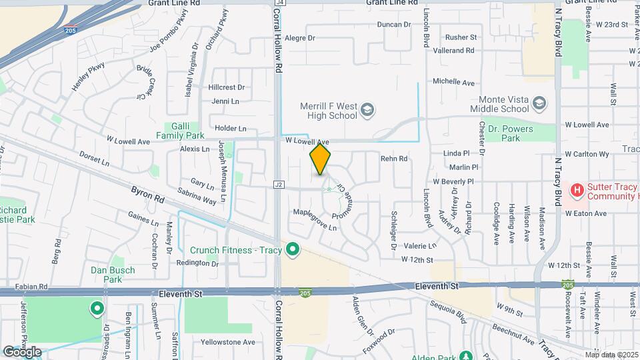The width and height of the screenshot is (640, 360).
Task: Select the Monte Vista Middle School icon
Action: point(539,104)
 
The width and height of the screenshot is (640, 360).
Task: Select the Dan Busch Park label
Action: point(113,275)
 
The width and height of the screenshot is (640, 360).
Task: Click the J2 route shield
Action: point(279,184)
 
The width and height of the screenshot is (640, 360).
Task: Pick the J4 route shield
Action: point(279,3)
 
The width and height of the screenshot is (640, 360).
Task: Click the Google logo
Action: point(22,351)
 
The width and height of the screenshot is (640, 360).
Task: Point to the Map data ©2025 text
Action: point(611,355)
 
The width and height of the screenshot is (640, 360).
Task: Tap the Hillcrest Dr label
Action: point(227,87)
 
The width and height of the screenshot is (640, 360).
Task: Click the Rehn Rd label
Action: point(393,159)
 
